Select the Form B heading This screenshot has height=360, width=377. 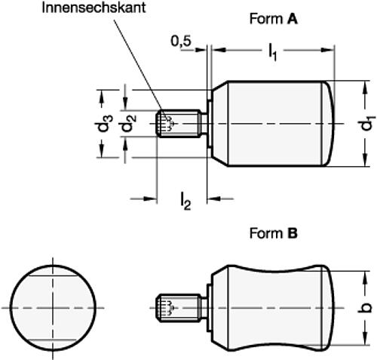click(x=273, y=234)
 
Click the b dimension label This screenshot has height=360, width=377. click(x=366, y=309)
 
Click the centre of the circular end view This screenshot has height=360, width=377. click(x=55, y=309)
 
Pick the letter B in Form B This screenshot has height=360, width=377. click(x=292, y=234)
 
